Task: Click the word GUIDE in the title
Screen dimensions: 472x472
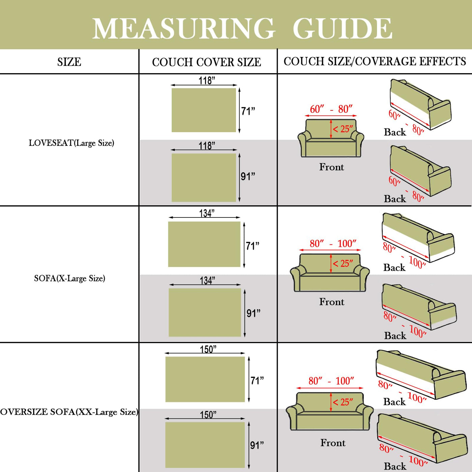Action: tap(342, 29)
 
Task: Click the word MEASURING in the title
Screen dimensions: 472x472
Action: tap(184, 29)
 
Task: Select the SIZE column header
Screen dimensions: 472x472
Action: tap(69, 62)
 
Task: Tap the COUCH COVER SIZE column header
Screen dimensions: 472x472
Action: tap(206, 62)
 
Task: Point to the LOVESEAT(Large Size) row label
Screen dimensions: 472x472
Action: tap(71, 143)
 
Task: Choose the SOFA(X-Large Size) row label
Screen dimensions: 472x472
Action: tap(69, 278)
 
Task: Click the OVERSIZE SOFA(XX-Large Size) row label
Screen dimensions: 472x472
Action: tap(69, 412)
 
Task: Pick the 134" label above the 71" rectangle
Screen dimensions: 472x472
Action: tap(207, 213)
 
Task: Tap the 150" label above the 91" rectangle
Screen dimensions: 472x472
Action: tap(208, 415)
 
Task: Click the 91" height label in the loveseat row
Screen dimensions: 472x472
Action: tap(248, 176)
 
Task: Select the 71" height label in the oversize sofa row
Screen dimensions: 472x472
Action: tap(257, 381)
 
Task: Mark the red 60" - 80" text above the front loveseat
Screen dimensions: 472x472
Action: tap(331, 109)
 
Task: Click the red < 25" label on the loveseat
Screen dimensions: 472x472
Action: tap(343, 129)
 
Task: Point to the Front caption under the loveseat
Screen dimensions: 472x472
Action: tap(332, 167)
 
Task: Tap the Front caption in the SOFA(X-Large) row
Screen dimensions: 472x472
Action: tap(332, 302)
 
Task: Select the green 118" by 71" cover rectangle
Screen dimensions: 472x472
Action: tap(204, 110)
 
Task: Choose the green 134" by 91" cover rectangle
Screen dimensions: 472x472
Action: tap(205, 312)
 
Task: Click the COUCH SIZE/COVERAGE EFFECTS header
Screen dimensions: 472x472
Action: tap(375, 61)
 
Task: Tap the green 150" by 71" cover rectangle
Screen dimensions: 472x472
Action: tap(205, 379)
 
